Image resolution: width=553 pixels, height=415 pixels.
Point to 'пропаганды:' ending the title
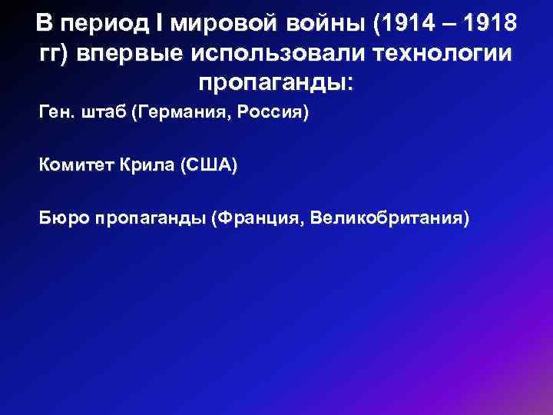(276, 81)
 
